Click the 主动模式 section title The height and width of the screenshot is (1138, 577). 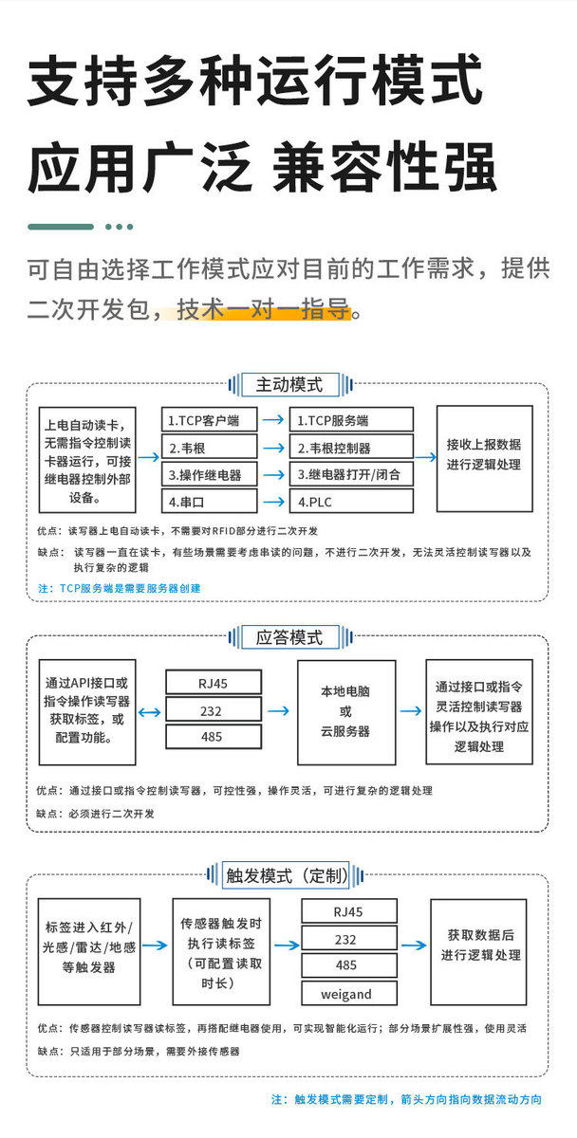point(289,385)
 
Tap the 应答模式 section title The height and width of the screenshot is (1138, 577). point(289,637)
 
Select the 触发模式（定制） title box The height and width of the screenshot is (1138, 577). point(286,875)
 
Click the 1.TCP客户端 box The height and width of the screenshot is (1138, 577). point(210,419)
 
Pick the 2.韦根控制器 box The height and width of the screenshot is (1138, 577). point(351,448)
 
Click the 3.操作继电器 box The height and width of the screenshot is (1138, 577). point(210,474)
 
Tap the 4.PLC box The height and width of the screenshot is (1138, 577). point(351,502)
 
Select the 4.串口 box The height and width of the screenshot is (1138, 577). point(210,502)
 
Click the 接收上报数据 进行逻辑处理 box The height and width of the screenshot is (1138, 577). point(485,458)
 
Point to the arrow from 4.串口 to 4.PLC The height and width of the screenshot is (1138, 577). point(273,502)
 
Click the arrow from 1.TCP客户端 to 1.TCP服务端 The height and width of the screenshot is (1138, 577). point(273,419)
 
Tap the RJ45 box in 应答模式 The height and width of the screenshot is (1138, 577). point(214,682)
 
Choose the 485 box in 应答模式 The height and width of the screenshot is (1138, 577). point(214,736)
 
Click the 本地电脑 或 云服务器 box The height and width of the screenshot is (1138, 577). point(346,712)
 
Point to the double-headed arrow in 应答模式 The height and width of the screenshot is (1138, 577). point(149,712)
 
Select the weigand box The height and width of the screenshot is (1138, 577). point(349,993)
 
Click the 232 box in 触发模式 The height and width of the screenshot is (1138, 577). point(349,939)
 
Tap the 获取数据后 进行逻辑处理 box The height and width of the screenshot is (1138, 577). point(479,951)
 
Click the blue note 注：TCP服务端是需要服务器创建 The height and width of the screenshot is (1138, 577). point(119,588)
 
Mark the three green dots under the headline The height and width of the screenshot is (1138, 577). point(119,227)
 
